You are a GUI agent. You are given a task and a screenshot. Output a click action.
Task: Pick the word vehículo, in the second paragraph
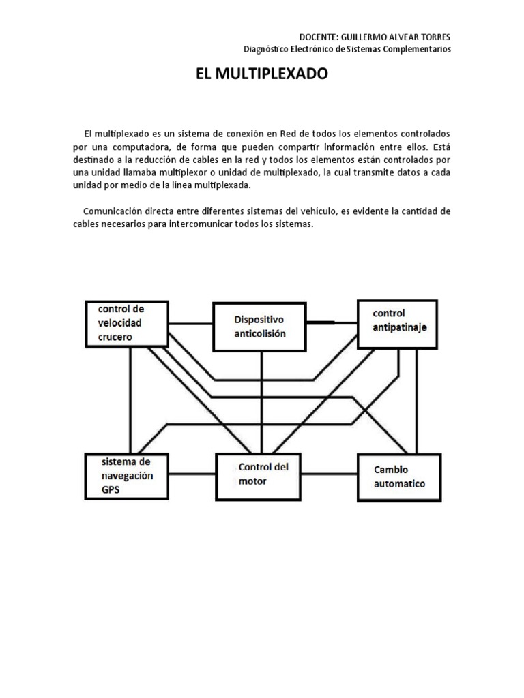coord(336,211)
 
